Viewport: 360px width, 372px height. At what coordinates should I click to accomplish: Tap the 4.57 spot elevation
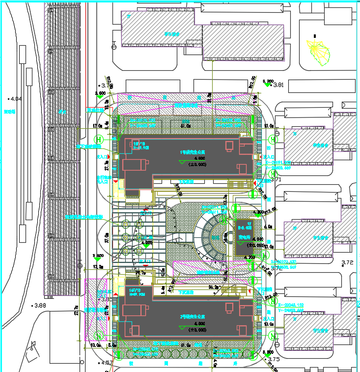click(105, 363)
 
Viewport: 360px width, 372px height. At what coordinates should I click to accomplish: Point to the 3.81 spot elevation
click(277, 85)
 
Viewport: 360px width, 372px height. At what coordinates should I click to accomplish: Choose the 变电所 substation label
click(244, 237)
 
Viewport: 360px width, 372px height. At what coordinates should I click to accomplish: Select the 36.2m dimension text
click(214, 286)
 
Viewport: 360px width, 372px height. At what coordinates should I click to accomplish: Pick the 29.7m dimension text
click(140, 273)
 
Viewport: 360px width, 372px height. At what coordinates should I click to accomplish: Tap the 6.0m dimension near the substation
click(268, 227)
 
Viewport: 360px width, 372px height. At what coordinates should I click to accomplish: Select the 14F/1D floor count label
click(135, 291)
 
